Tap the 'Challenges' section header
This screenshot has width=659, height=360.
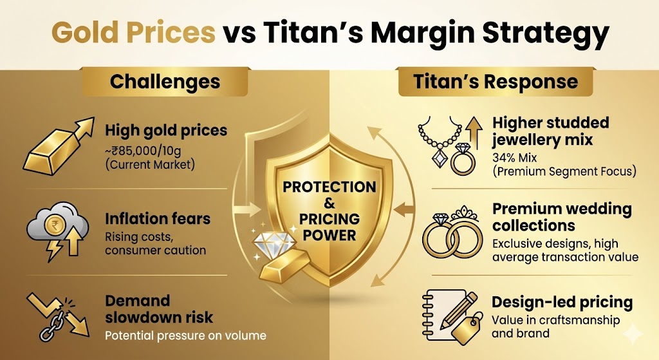pyautogui.click(x=165, y=82)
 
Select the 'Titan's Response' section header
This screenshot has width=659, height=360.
pyautogui.click(x=495, y=82)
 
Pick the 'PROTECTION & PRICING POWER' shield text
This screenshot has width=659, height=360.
pyautogui.click(x=329, y=210)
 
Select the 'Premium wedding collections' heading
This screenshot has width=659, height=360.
pyautogui.click(x=562, y=218)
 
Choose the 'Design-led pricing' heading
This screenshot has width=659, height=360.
pyautogui.click(x=562, y=303)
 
